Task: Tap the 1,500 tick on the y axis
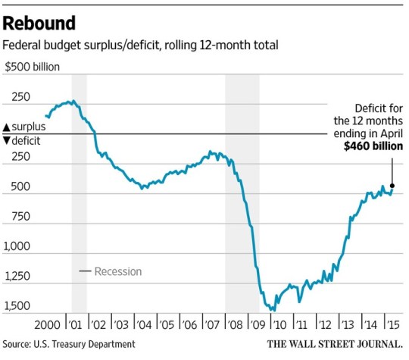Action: click(x=18, y=306)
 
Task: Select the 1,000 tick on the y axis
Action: click(x=18, y=246)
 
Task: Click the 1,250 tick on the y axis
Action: click(x=18, y=277)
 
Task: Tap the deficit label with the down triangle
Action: click(x=23, y=141)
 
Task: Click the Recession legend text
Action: click(x=117, y=271)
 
